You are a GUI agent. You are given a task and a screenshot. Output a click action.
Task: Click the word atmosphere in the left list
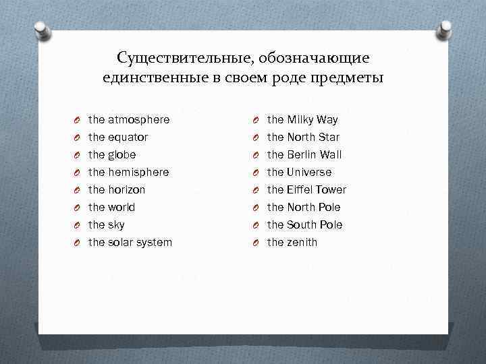click(138, 120)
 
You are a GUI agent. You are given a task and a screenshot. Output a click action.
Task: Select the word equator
click(128, 138)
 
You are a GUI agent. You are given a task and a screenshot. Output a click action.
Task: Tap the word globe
click(122, 155)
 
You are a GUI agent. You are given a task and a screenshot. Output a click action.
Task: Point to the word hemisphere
click(138, 173)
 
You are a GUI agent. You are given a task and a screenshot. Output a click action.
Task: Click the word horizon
click(126, 190)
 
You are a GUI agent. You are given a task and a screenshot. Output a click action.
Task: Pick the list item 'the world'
click(111, 208)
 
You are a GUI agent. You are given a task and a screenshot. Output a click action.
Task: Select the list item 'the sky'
click(106, 225)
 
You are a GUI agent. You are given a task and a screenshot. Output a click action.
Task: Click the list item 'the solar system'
click(130, 243)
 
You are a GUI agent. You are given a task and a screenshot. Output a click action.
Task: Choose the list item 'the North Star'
click(303, 138)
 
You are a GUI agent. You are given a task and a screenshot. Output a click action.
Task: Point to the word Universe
click(308, 173)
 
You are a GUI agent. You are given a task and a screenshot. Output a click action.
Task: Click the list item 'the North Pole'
click(304, 208)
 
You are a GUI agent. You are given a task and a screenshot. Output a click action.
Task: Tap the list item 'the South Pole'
click(304, 225)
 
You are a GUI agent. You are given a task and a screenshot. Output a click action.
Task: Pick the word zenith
click(301, 243)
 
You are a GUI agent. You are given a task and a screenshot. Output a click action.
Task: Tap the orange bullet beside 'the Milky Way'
click(256, 121)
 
